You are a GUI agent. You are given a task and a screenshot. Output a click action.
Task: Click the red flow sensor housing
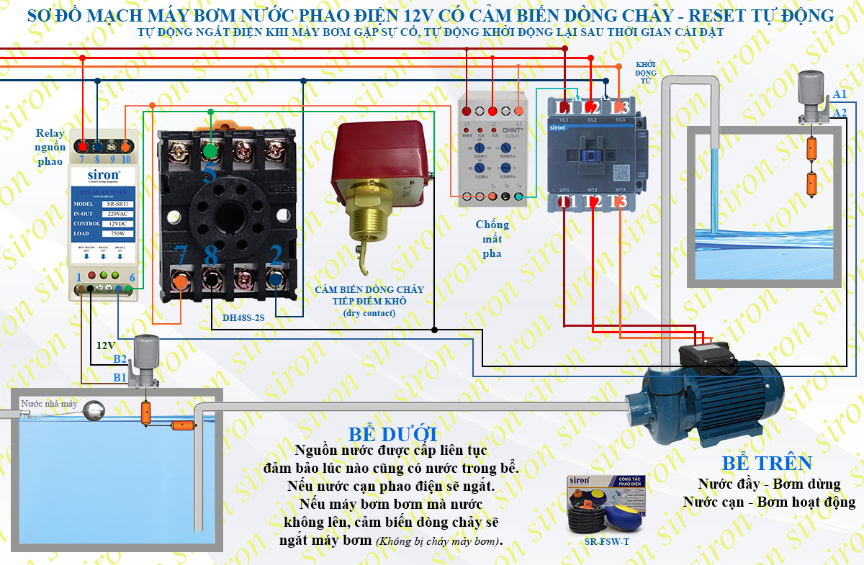click(x=378, y=162)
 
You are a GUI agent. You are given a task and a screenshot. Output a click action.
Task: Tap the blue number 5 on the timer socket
click(x=210, y=173)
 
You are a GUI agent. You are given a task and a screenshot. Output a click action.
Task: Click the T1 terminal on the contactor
click(x=567, y=202)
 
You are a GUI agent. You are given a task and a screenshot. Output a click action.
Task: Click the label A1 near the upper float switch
click(x=840, y=95)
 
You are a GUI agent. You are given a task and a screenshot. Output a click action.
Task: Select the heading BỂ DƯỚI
click(x=392, y=435)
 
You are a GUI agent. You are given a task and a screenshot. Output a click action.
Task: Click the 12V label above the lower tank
click(x=106, y=345)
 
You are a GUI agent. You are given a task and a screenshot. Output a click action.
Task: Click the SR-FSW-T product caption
click(x=607, y=542)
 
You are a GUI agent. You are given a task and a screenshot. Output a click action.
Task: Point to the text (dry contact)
click(x=369, y=312)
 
